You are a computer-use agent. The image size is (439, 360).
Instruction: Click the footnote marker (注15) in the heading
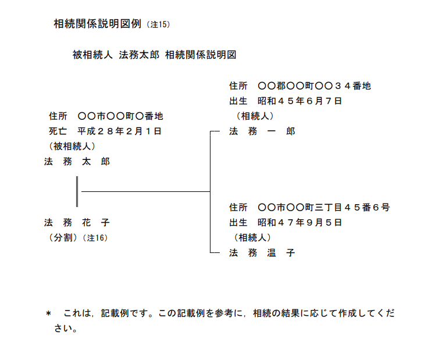click(158, 24)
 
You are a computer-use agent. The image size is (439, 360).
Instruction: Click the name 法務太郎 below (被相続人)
click(77, 162)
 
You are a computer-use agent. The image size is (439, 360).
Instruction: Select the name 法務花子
click(77, 223)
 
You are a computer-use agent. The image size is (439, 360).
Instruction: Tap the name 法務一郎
click(262, 131)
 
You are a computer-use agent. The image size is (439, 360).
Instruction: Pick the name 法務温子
click(262, 253)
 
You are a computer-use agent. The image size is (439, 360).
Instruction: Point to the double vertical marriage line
click(77, 192)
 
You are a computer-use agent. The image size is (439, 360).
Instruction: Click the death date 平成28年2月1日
click(120, 131)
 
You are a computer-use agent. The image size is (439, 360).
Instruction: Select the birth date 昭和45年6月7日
click(300, 101)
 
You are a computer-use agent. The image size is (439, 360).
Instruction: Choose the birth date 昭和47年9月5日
click(300, 223)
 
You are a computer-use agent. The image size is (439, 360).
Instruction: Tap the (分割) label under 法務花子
click(63, 238)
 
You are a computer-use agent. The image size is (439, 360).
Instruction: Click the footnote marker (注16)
click(95, 238)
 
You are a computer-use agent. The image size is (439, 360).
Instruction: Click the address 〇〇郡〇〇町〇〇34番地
click(314, 85)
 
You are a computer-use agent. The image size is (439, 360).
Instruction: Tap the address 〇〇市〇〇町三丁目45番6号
click(324, 208)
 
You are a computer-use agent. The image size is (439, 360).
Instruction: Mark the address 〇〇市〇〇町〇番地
click(120, 116)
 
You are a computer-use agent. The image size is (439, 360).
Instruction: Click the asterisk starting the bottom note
click(48, 313)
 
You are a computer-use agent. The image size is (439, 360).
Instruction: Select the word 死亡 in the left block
click(58, 131)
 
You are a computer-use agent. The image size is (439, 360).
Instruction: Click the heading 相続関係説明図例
click(98, 24)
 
